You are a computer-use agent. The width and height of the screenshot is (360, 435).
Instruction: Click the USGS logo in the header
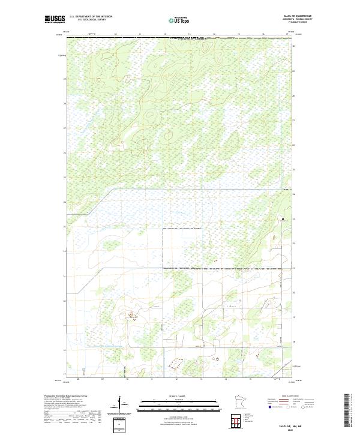(55, 19)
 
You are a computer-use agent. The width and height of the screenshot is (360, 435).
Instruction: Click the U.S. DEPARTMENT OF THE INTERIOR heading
(91, 17)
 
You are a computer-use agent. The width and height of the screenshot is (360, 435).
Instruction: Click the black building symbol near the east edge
(282, 220)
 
